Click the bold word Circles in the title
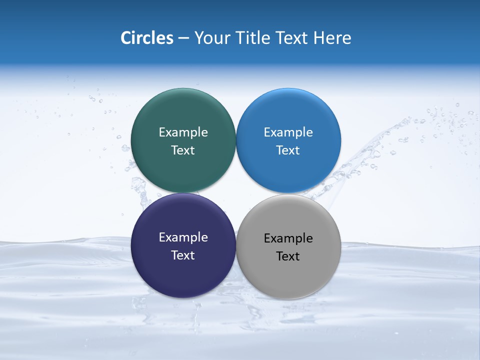(x=147, y=38)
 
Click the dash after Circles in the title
(x=183, y=38)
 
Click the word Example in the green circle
(x=183, y=132)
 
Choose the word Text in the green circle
(x=183, y=150)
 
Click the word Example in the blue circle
(x=288, y=132)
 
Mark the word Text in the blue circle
(x=288, y=150)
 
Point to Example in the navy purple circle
(x=183, y=237)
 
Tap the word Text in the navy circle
(x=183, y=255)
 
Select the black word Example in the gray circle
(x=288, y=238)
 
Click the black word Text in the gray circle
(x=288, y=256)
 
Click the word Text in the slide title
(x=292, y=38)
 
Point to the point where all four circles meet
(x=236, y=193)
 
